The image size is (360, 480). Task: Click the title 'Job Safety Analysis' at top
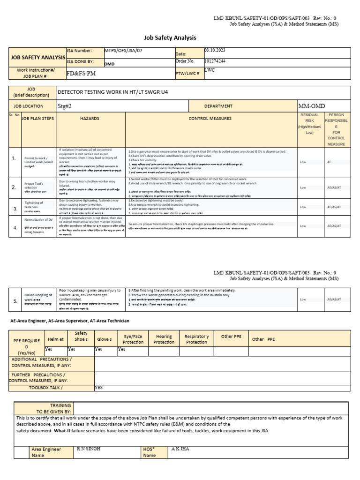[x=169, y=37]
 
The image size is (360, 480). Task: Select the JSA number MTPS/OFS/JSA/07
[x=119, y=51]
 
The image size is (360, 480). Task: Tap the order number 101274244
[x=216, y=61]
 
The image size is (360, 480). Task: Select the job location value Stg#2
[x=64, y=106]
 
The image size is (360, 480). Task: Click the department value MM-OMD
[x=312, y=106]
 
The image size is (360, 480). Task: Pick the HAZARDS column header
[x=90, y=119]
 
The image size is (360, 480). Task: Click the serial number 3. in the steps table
[x=15, y=208]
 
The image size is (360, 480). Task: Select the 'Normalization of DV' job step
[x=38, y=219]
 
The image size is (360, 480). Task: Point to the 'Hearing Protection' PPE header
[x=164, y=339]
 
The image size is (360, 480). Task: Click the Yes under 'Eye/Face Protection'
[x=121, y=349]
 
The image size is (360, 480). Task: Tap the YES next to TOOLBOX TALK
[x=99, y=388]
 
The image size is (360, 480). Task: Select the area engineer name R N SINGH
[x=88, y=449]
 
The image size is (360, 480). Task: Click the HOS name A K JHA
[x=180, y=449]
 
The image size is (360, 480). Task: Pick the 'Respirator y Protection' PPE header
[x=196, y=339]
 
